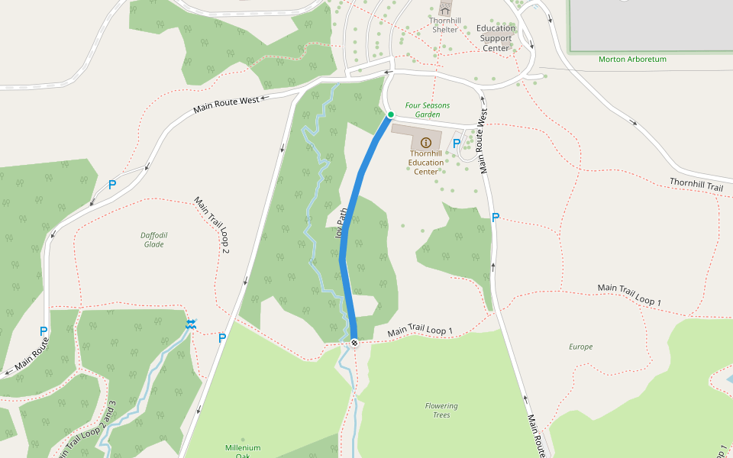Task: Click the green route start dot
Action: pyautogui.click(x=390, y=114)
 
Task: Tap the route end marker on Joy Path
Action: pyautogui.click(x=354, y=342)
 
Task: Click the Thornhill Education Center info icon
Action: pyautogui.click(x=426, y=143)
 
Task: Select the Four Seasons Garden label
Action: pyautogui.click(x=427, y=110)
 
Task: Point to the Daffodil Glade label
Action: pyautogui.click(x=153, y=240)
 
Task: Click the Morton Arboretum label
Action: pyautogui.click(x=632, y=59)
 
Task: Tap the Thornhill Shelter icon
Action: pyautogui.click(x=445, y=9)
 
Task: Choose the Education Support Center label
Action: pyautogui.click(x=496, y=38)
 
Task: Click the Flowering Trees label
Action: pyautogui.click(x=441, y=410)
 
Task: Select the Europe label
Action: pyautogui.click(x=580, y=347)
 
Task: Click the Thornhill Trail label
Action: pyautogui.click(x=696, y=185)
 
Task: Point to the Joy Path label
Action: pyautogui.click(x=341, y=224)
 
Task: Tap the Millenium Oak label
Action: pyautogui.click(x=243, y=451)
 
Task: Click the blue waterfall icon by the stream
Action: pyautogui.click(x=190, y=325)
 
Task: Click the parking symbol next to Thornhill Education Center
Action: pyautogui.click(x=457, y=143)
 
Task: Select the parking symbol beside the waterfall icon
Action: pyautogui.click(x=222, y=338)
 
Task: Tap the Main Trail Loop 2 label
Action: pyautogui.click(x=212, y=224)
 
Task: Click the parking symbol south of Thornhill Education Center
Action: pyautogui.click(x=496, y=218)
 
